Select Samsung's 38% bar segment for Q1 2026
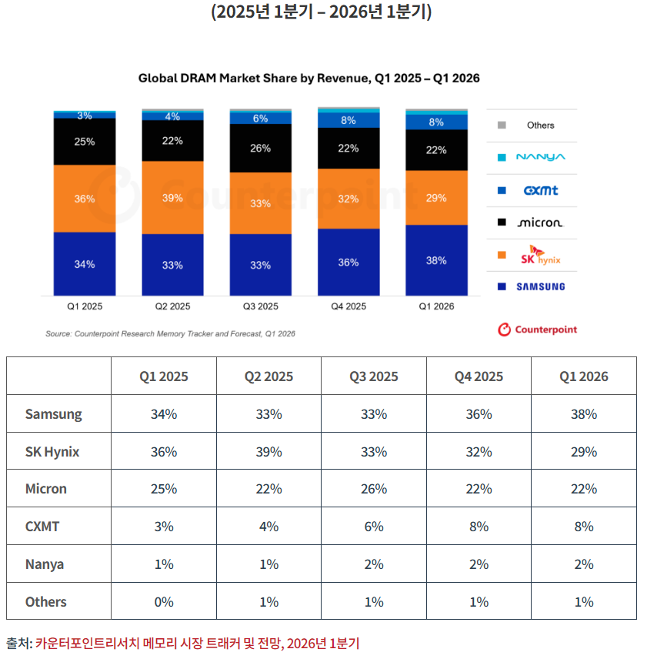[x=436, y=260]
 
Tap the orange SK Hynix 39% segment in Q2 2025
[x=172, y=198]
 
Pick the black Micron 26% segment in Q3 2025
[x=260, y=148]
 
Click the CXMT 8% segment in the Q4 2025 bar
[x=349, y=120]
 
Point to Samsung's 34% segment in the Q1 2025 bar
[x=85, y=264]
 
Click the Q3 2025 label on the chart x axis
[x=260, y=306]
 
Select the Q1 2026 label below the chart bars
[x=436, y=306]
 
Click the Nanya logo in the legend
[x=540, y=157]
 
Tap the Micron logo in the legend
[x=540, y=222]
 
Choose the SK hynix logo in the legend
[x=541, y=255]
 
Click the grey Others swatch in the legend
[x=502, y=125]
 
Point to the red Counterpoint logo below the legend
[x=538, y=329]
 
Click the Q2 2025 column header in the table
[x=268, y=376]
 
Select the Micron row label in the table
[x=45, y=488]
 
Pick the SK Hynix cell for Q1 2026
[x=584, y=451]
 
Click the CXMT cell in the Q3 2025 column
[x=374, y=526]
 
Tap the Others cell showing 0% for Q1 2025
[x=164, y=601]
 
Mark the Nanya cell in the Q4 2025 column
[x=479, y=564]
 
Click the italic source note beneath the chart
[x=170, y=333]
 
